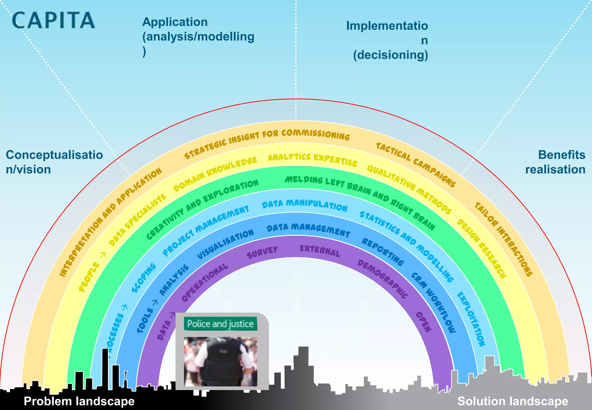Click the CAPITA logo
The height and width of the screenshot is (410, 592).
[53, 20]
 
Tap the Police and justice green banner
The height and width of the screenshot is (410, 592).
[220, 324]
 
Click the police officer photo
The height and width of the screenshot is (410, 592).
[220, 361]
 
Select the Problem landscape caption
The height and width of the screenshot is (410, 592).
[79, 401]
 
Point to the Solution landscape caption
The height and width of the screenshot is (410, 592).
[513, 401]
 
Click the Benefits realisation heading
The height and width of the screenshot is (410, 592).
[555, 162]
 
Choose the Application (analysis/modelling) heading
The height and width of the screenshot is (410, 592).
[198, 36]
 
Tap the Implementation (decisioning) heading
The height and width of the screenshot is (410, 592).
[387, 40]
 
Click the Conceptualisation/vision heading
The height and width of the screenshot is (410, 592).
[54, 162]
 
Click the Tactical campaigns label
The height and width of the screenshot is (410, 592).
[416, 164]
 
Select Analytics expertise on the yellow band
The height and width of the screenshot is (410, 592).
[312, 159]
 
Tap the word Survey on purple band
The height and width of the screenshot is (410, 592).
[262, 252]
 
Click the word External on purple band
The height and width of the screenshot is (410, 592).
[320, 250]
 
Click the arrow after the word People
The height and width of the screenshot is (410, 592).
[103, 255]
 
